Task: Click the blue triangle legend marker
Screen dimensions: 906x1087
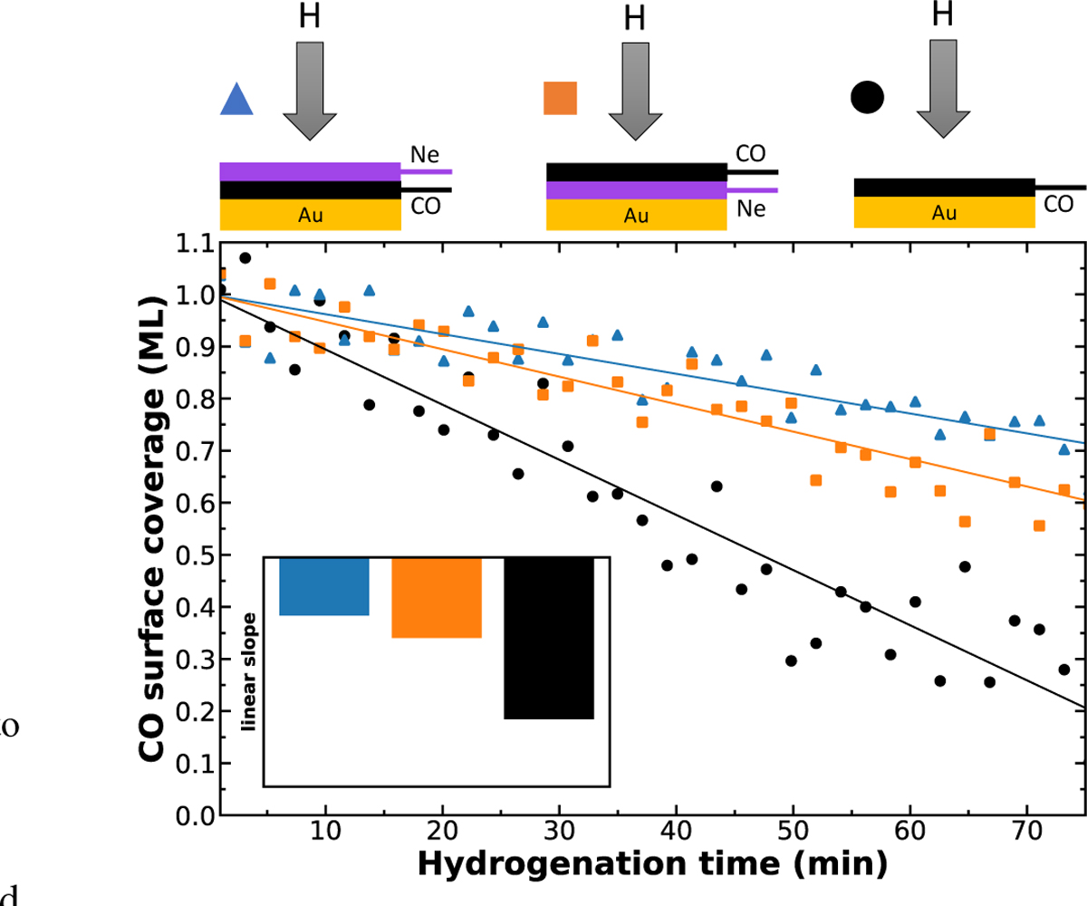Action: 236,100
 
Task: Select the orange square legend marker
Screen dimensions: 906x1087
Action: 560,98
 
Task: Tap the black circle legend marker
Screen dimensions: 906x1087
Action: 867,96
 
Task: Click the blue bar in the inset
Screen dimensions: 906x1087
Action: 324,587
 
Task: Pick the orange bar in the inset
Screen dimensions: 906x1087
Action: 436,598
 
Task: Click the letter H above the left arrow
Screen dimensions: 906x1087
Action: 310,15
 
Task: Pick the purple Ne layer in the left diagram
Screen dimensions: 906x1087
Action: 310,171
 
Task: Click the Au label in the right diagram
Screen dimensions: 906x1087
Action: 945,214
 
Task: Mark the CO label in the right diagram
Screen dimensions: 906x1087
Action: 1058,206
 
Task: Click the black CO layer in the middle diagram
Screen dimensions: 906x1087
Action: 636,171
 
